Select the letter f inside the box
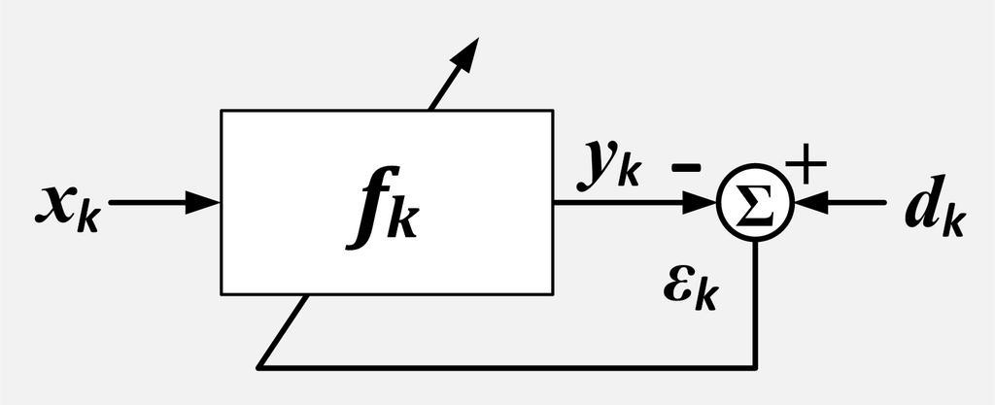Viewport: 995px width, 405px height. coord(367,212)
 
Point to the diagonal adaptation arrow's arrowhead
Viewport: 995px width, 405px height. coord(467,52)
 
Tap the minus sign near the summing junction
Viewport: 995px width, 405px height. coord(685,167)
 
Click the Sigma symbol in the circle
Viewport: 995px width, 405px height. coord(755,203)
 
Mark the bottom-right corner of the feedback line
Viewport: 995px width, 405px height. coord(756,367)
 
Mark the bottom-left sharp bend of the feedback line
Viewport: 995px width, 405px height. coord(259,366)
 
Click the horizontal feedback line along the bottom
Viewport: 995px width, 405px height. coord(505,367)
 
